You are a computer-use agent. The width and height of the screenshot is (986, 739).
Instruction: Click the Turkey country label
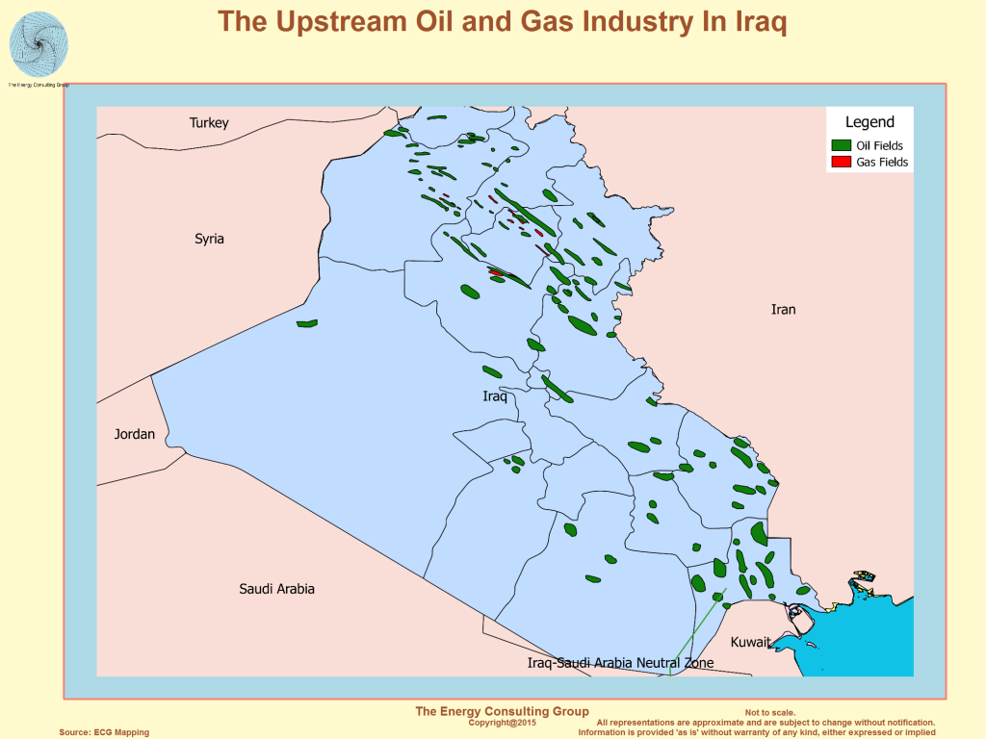coord(209,122)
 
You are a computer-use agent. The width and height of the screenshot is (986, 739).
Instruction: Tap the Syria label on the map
coord(209,238)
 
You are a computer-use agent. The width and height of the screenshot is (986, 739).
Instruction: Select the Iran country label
coord(783,309)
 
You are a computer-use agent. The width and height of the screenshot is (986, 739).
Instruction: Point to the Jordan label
coord(135,434)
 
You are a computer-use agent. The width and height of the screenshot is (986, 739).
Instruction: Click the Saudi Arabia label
coord(276,588)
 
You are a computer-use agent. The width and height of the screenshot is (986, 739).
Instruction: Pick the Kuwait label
coord(750,642)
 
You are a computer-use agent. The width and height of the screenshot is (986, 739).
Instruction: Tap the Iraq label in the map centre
coord(495,396)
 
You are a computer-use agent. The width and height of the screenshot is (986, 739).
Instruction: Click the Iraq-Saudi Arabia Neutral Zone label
coord(621,663)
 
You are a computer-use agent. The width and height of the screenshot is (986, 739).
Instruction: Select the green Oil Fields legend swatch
coord(841,144)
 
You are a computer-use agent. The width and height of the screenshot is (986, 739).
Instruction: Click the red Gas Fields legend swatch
coord(841,163)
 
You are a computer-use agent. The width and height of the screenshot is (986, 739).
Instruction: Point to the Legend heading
coord(869,122)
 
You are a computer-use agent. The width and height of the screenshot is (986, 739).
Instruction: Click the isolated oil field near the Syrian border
coord(307,323)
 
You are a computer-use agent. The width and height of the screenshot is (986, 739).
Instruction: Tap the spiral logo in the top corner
coord(39,44)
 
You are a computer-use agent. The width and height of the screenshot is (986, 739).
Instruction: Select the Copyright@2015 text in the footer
coord(502,722)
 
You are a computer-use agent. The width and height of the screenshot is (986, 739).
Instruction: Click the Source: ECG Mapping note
coord(104,732)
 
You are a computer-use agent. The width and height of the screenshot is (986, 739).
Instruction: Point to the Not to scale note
coord(770,713)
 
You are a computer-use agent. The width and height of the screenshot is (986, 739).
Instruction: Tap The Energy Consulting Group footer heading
coord(502,711)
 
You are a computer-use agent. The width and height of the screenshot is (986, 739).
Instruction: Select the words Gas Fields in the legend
coord(882,163)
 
